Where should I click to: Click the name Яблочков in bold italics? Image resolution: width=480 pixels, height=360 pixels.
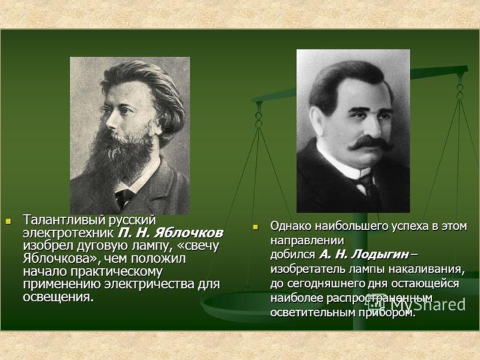[x=188, y=233]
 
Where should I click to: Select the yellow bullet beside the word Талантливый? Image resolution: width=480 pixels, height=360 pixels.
[x=8, y=221]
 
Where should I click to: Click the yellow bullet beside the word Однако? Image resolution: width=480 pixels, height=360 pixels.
[x=255, y=227]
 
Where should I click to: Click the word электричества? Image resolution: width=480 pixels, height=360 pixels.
[x=150, y=284]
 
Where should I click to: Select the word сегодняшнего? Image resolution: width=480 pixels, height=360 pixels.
[x=339, y=283]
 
